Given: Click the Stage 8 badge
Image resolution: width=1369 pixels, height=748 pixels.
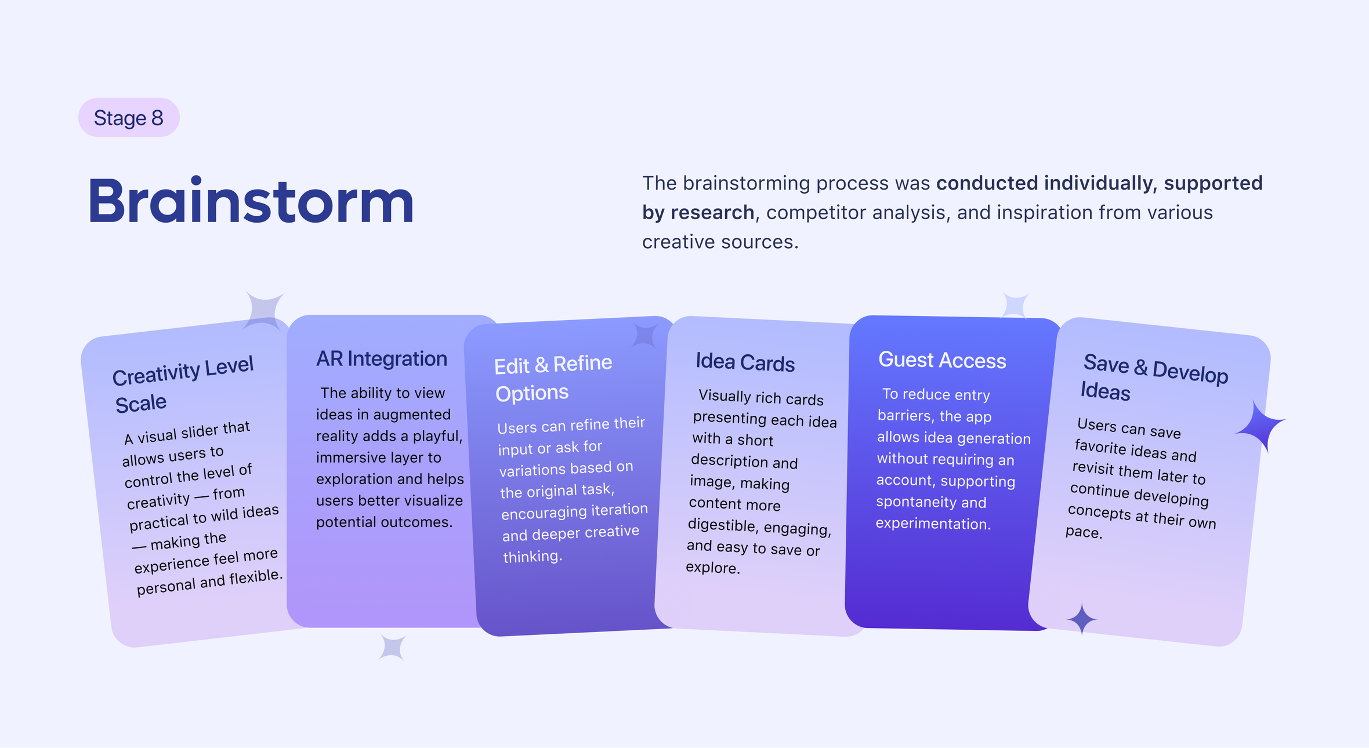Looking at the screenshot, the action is pyautogui.click(x=129, y=118).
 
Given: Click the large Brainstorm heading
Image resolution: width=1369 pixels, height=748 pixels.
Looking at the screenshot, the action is pyautogui.click(x=251, y=201).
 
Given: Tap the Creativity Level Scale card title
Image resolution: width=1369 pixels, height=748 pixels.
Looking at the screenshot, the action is pyautogui.click(x=183, y=384).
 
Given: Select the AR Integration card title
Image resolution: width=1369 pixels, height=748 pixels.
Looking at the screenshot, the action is pyautogui.click(x=382, y=358).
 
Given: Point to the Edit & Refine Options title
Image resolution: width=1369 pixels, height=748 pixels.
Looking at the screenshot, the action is pyautogui.click(x=553, y=378).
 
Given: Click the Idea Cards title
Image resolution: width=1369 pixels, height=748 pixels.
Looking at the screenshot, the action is pyautogui.click(x=745, y=362).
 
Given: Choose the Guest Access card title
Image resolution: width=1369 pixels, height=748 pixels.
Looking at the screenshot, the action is pyautogui.click(x=942, y=360).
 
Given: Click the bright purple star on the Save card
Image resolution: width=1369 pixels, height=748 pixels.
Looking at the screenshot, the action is pyautogui.click(x=1261, y=427).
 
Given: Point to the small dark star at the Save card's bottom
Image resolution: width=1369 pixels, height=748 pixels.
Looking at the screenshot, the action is pyautogui.click(x=1082, y=619).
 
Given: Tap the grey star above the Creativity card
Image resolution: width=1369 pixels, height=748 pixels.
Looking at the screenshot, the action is pyautogui.click(x=265, y=311).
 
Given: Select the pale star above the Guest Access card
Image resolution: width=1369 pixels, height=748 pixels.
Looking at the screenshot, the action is pyautogui.click(x=1015, y=306).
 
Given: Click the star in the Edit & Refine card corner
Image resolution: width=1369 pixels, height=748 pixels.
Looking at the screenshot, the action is pyautogui.click(x=645, y=335).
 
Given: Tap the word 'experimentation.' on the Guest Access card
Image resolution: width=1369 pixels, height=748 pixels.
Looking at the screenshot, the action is pyautogui.click(x=933, y=524).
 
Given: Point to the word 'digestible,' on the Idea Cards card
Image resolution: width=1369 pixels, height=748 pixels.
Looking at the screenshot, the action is pyautogui.click(x=723, y=525).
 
